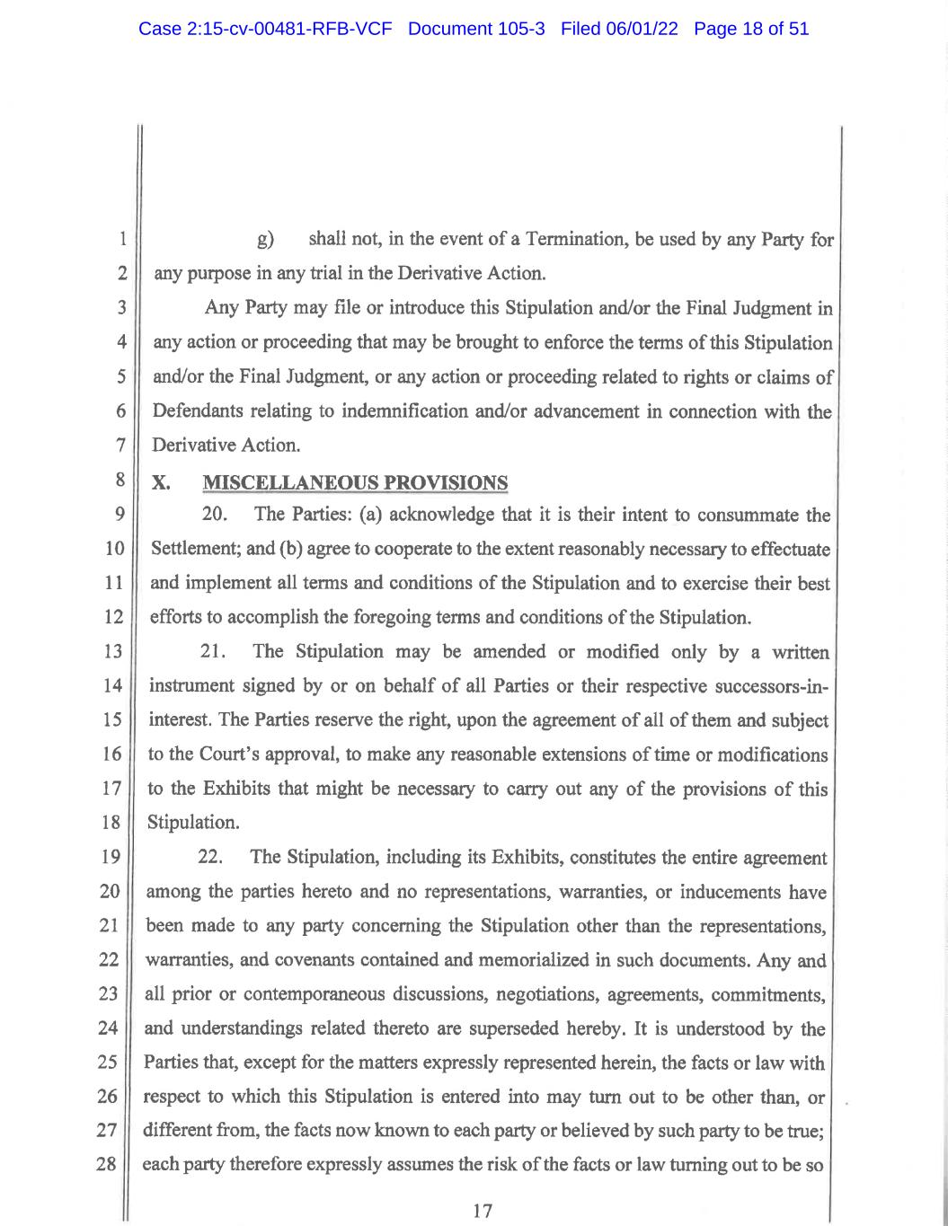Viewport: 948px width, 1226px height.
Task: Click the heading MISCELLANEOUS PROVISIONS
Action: point(355,483)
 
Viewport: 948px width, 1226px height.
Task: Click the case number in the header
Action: point(265,29)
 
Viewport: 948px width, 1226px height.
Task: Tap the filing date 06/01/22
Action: point(640,29)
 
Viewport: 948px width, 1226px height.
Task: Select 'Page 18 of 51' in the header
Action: point(751,29)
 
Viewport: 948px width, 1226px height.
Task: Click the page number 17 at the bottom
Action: point(483,1211)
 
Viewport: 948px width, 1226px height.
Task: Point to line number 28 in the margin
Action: point(107,1165)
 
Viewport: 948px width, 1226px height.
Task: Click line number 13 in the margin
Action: point(112,652)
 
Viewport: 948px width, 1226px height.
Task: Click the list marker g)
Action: point(265,241)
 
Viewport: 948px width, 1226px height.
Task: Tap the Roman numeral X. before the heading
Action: point(162,483)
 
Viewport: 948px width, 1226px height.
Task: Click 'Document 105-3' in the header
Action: point(476,29)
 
